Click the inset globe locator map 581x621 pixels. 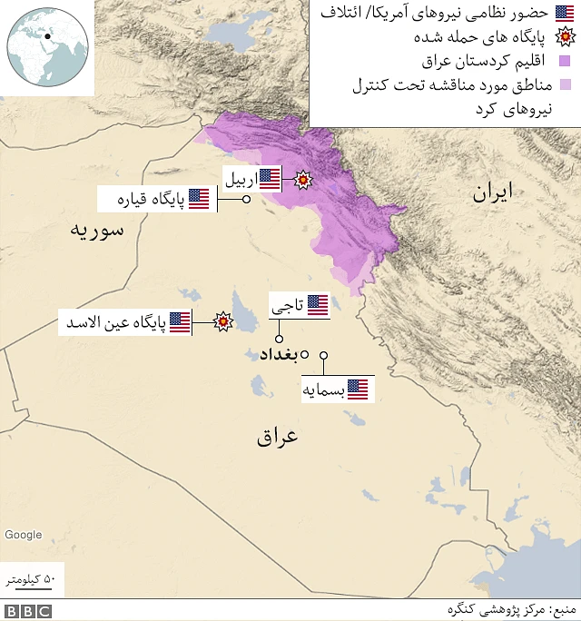47,47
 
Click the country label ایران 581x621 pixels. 492,192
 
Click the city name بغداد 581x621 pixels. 279,354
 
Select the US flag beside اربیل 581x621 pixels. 270,179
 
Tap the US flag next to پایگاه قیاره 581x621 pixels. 199,199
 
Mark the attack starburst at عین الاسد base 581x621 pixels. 221,321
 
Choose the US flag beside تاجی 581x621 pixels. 318,306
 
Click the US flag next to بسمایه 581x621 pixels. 358,390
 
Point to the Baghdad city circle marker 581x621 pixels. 306,354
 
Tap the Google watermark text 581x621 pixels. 23,535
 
